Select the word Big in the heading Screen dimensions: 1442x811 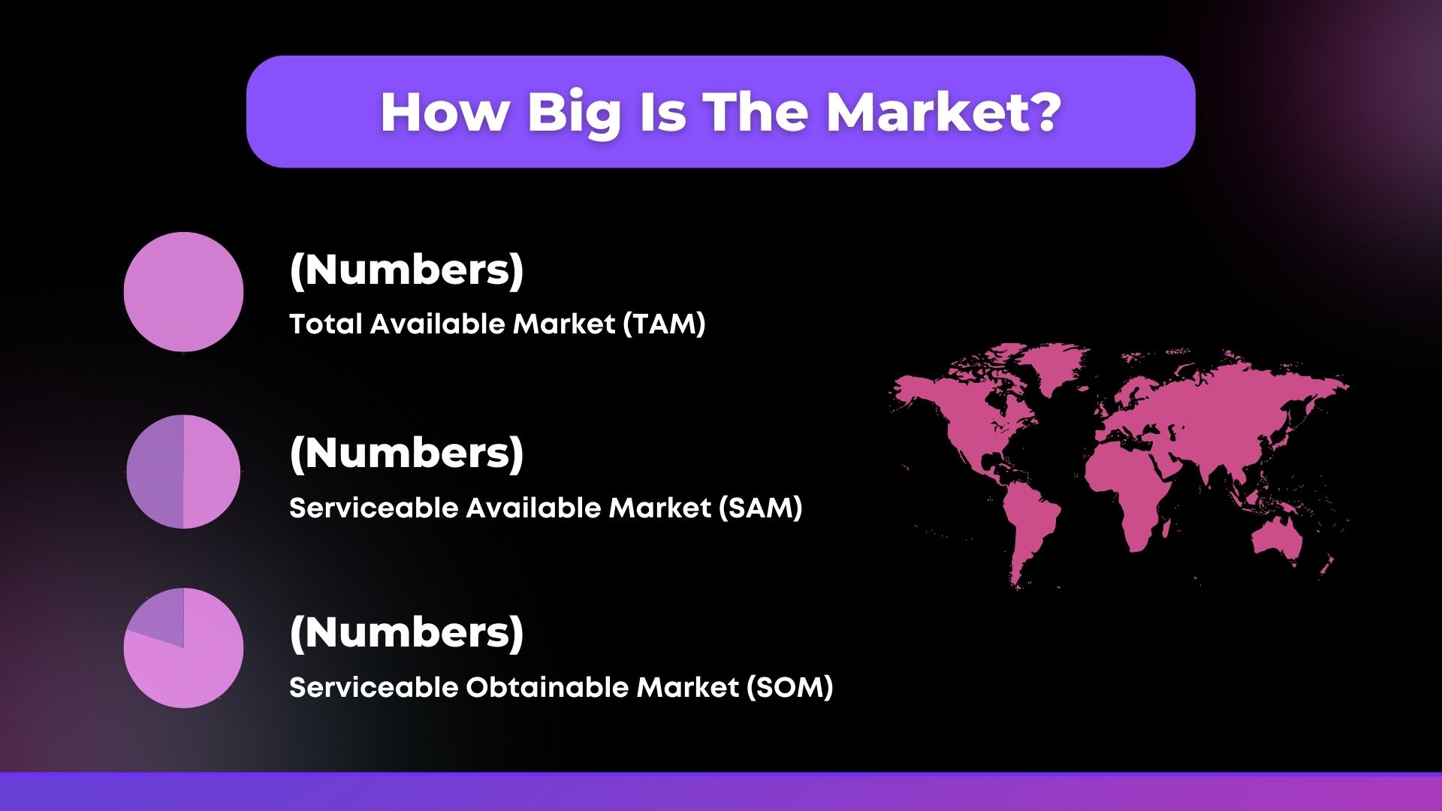(x=575, y=114)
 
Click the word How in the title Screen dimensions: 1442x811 (x=444, y=113)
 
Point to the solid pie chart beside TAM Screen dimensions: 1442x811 (x=183, y=291)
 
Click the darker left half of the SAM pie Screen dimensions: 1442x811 (x=155, y=472)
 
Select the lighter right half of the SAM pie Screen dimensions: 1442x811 (x=212, y=472)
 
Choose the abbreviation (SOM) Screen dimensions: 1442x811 (x=790, y=688)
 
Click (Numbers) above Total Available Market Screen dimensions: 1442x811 (x=406, y=270)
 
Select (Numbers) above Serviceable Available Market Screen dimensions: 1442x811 (x=406, y=454)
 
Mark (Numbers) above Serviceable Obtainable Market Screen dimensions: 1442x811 (x=406, y=633)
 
